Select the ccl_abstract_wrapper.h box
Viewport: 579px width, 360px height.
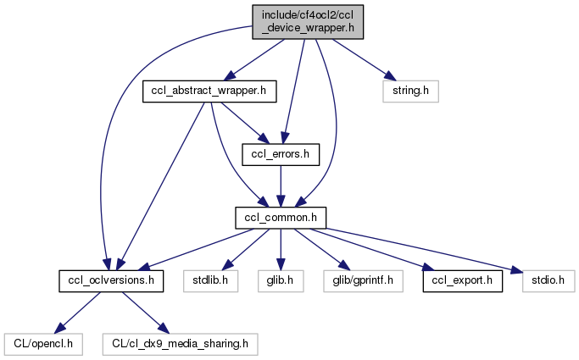pyautogui.click(x=209, y=90)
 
